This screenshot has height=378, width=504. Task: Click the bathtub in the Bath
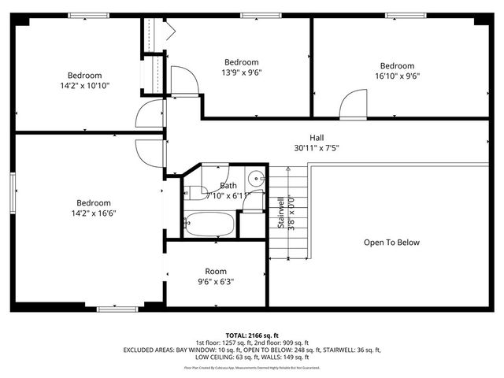209,225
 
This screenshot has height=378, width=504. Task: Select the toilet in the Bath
253,202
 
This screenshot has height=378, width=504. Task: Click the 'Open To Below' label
391,243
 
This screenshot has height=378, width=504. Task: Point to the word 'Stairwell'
281,213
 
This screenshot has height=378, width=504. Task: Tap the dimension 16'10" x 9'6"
397,77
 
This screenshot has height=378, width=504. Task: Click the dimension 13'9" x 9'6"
241,73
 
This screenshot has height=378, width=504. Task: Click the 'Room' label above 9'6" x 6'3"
216,271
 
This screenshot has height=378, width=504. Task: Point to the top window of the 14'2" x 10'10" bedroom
88,15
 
